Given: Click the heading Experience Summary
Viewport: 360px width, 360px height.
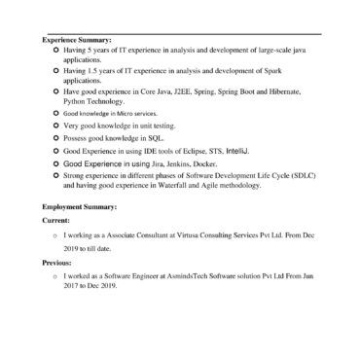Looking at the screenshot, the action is pyautogui.click(x=77, y=40).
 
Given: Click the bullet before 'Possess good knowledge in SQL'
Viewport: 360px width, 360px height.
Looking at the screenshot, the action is pyautogui.click(x=54, y=139).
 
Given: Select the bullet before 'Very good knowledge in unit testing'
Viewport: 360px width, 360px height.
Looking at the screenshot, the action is pyautogui.click(x=54, y=126).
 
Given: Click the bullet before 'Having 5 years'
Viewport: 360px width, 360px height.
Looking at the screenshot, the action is pyautogui.click(x=54, y=49).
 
